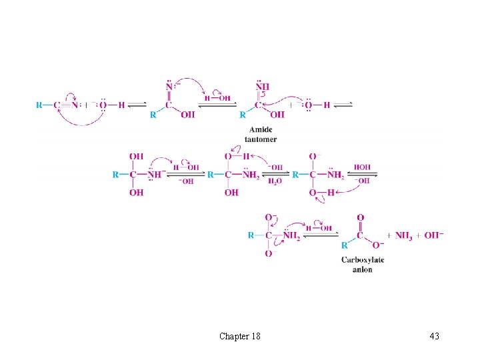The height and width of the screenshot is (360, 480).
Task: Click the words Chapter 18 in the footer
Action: click(239, 336)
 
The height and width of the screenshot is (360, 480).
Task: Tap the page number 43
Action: click(434, 336)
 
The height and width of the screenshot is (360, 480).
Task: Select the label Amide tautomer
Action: click(261, 135)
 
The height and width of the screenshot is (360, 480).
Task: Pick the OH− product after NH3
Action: click(434, 235)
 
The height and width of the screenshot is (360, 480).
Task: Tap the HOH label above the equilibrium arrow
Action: click(363, 167)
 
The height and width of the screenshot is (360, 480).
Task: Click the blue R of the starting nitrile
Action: click(39, 105)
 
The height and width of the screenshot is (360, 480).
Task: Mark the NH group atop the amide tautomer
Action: click(261, 86)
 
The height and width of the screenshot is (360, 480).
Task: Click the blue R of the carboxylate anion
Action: click(344, 245)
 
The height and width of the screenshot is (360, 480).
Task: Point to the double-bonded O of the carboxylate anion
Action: click(361, 217)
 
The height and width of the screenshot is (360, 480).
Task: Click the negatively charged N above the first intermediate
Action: click(170, 87)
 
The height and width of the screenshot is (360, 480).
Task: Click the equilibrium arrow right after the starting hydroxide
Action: click(137, 105)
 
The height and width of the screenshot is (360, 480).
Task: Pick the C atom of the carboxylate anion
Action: click(361, 235)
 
